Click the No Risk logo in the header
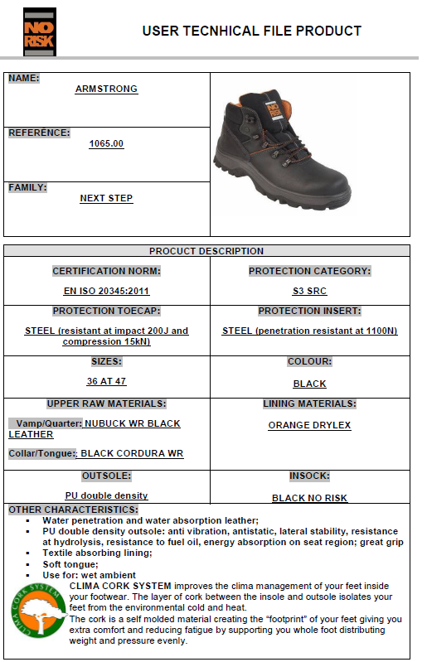click(x=40, y=31)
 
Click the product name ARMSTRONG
click(x=106, y=89)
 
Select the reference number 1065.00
click(x=106, y=143)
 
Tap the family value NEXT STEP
click(x=106, y=198)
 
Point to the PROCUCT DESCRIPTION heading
click(x=206, y=251)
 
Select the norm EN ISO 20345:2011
click(x=106, y=292)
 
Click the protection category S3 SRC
click(x=309, y=292)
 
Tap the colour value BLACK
click(x=309, y=384)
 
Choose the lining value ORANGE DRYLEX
click(x=309, y=425)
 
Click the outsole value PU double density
click(x=106, y=495)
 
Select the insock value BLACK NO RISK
click(x=309, y=498)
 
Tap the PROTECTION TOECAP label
click(x=106, y=311)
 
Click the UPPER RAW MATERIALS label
click(x=106, y=403)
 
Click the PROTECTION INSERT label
click(x=309, y=311)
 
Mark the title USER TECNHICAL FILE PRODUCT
click(x=251, y=31)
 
